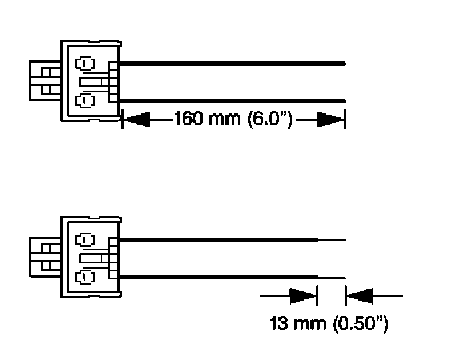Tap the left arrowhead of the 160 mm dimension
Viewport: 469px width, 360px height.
point(136,121)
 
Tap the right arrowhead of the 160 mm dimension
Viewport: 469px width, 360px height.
point(330,121)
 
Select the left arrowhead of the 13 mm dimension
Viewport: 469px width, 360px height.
point(304,294)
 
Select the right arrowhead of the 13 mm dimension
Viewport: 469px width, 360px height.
point(360,294)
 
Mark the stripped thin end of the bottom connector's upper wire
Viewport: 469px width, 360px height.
point(331,239)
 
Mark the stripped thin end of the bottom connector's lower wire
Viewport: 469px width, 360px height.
point(331,276)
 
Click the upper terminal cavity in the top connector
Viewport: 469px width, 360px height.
point(84,65)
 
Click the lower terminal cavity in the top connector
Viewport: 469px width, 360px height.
point(84,101)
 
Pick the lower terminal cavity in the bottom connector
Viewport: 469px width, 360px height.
point(84,276)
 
